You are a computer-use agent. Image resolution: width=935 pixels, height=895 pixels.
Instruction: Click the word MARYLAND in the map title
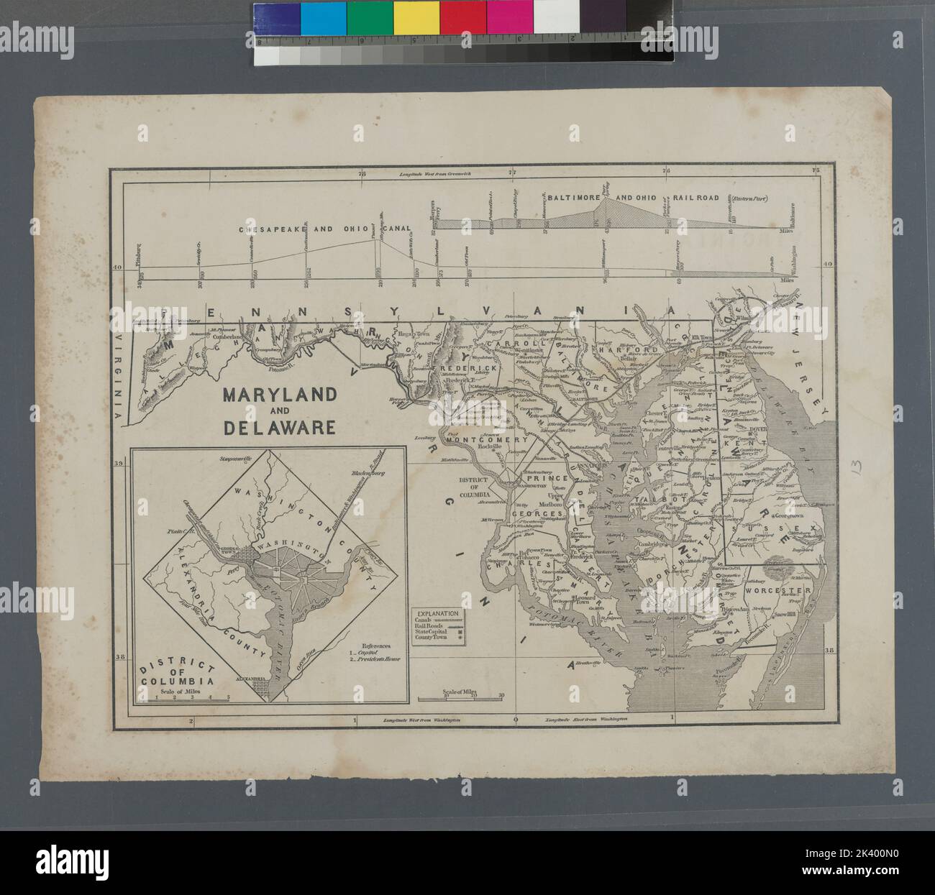pyautogui.click(x=279, y=395)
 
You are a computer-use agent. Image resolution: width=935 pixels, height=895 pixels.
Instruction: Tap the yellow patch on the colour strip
pyautogui.click(x=416, y=17)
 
